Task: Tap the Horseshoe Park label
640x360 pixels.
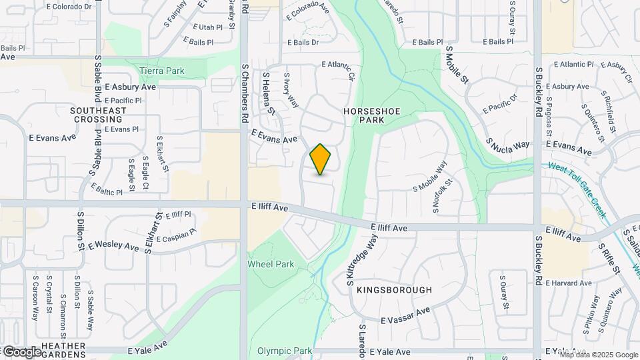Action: [363, 115]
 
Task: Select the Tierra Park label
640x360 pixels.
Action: [163, 70]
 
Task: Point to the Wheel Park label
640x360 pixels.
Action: [271, 264]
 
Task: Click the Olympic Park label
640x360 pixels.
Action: [285, 351]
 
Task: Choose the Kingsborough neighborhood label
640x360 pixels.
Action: [394, 290]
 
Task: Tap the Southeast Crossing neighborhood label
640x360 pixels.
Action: [99, 115]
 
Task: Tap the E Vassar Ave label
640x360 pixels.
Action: [405, 315]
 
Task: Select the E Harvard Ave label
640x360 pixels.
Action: [568, 283]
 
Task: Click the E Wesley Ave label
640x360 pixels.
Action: [113, 246]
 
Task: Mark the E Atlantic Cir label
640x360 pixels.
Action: [336, 65]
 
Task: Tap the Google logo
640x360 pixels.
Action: [21, 351]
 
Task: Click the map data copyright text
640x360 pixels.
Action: [599, 354]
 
